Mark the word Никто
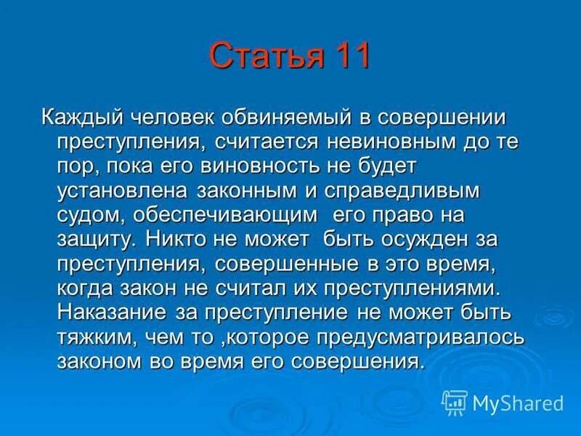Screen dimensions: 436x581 174,240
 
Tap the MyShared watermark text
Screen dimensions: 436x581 517,403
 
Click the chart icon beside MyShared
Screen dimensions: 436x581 455,403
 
